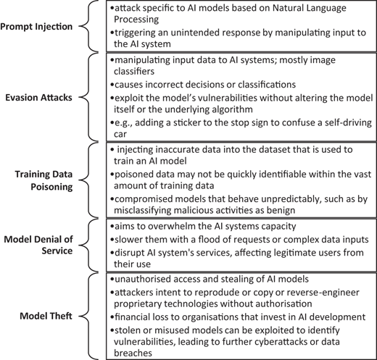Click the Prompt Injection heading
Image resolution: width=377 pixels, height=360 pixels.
click(x=36, y=26)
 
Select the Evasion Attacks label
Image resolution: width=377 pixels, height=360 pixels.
click(x=38, y=97)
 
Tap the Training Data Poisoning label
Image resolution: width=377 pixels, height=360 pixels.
click(x=43, y=180)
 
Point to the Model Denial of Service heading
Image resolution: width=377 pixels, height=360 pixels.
click(x=38, y=245)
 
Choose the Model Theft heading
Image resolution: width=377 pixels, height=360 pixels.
click(x=46, y=316)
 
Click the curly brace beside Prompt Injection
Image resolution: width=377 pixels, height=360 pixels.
click(x=88, y=26)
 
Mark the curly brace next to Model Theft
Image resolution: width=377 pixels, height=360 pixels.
click(x=88, y=316)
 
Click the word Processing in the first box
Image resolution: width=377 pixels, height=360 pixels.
click(x=136, y=20)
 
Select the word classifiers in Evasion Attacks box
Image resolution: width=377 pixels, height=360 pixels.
click(x=134, y=71)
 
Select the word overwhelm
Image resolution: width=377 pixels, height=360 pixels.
click(x=178, y=226)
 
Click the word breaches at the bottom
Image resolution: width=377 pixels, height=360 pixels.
click(x=133, y=353)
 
